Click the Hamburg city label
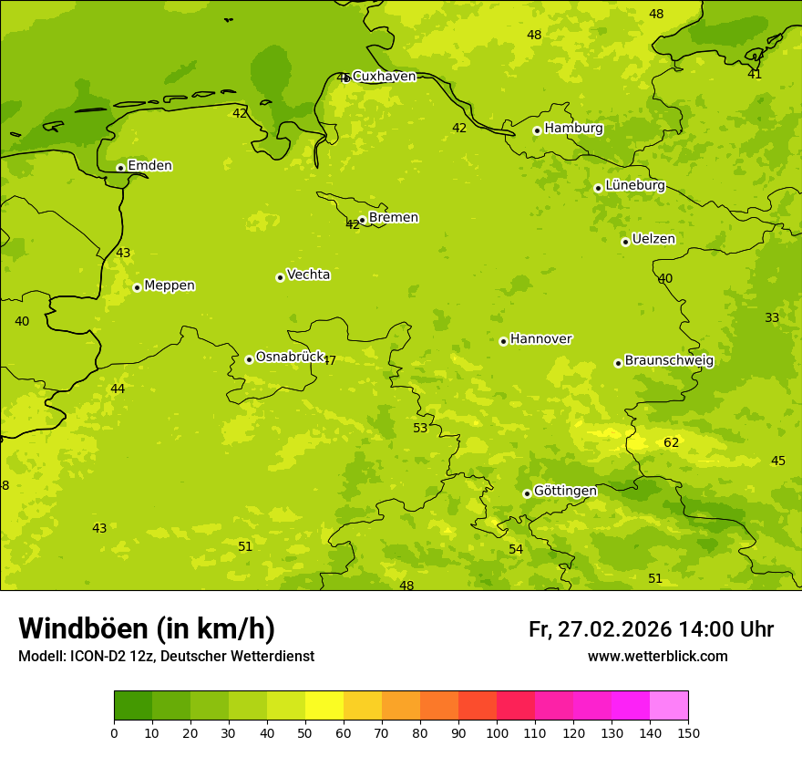[x=573, y=129]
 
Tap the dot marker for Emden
[x=120, y=168]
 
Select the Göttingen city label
[x=565, y=491]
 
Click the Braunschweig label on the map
[x=669, y=360]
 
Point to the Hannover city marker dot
[x=503, y=341]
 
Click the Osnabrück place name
[x=290, y=357]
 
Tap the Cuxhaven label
[x=384, y=77]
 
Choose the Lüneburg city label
[x=634, y=185]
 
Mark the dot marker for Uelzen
[x=625, y=242]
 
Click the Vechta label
[x=308, y=275]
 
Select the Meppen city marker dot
[x=137, y=287]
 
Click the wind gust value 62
[x=672, y=443]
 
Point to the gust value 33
[x=772, y=318]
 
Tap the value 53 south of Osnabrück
[x=420, y=429]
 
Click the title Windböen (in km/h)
[x=147, y=628]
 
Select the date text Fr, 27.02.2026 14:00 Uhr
[x=651, y=629]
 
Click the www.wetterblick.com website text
[x=657, y=657]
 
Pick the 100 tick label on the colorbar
[x=497, y=732]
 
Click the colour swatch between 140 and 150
[x=669, y=706]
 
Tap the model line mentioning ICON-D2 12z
[x=166, y=657]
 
